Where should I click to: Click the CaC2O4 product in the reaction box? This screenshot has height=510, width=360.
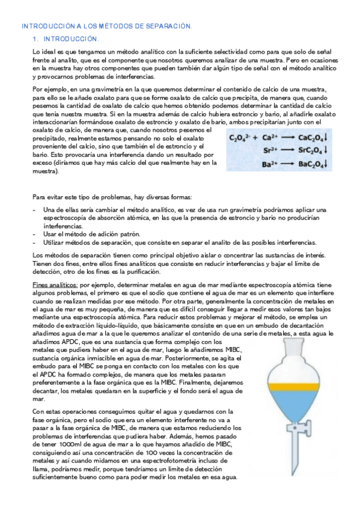[310, 138]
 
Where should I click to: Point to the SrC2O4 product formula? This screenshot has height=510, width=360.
[310, 151]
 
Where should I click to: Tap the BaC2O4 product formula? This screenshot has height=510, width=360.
[310, 164]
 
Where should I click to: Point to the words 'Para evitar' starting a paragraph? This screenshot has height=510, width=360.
[47, 197]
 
